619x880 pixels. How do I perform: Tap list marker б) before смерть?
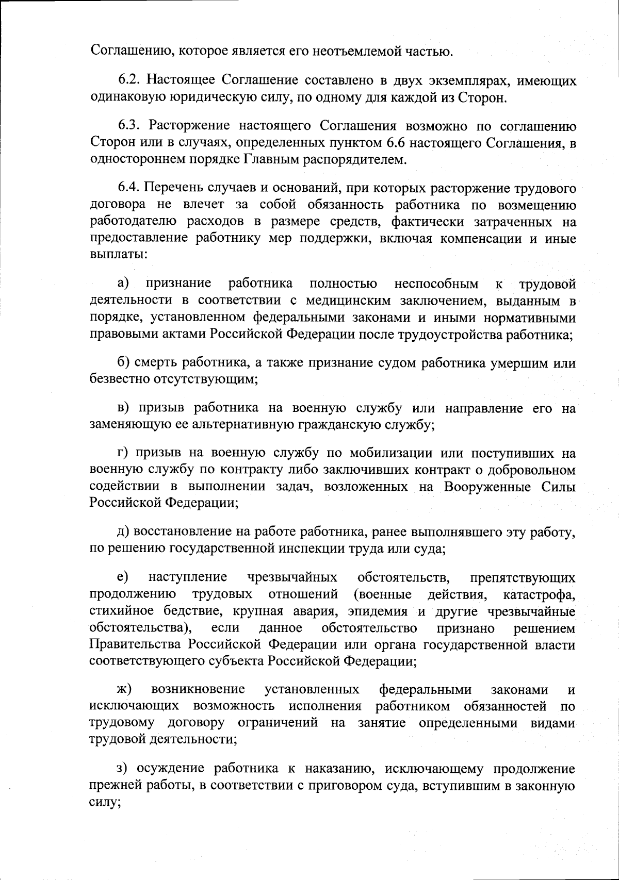click(x=124, y=363)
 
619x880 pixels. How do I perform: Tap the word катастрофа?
click(x=539, y=594)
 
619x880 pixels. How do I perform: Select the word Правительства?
click(x=136, y=645)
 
